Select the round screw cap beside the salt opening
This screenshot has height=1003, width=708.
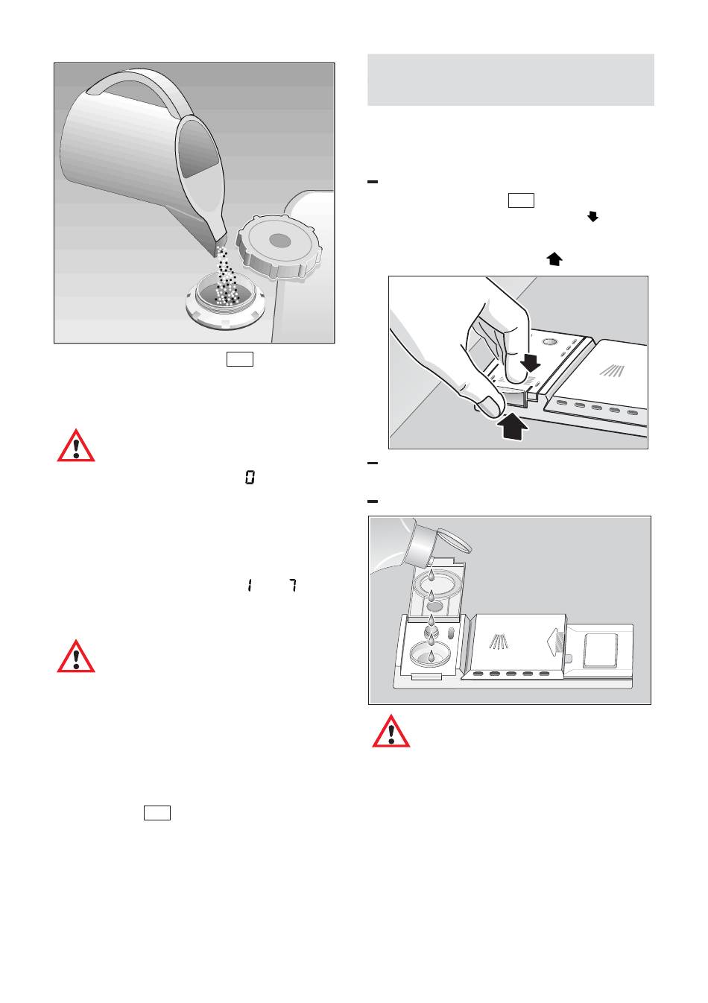click(277, 245)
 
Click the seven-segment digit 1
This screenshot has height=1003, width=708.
click(249, 586)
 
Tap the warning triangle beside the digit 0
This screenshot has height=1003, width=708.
click(76, 445)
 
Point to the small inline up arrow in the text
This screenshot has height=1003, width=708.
click(554, 259)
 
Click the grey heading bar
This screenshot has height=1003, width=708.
click(511, 80)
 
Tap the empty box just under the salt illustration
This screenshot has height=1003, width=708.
click(239, 359)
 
